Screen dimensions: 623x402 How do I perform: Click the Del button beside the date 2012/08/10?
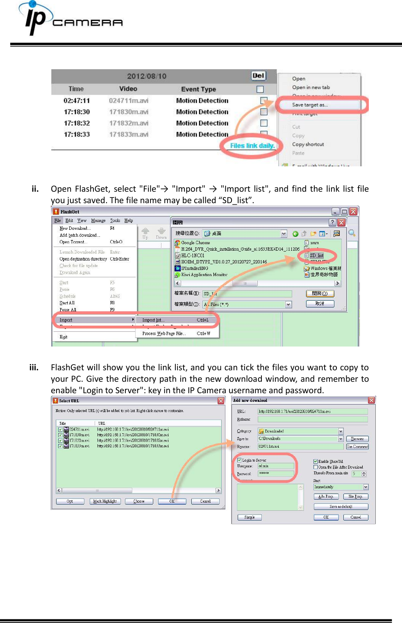[259, 76]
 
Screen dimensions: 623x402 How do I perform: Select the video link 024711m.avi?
[128, 101]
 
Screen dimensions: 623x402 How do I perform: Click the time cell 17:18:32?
[77, 123]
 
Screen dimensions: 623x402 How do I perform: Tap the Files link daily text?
[252, 146]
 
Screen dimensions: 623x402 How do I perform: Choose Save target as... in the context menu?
[310, 105]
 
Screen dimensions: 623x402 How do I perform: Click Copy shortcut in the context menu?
[308, 145]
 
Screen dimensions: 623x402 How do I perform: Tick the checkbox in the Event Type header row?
[260, 89]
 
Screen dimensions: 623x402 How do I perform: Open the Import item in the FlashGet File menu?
[66, 320]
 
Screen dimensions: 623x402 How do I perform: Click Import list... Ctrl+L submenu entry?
[153, 320]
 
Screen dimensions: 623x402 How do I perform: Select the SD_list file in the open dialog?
[316, 256]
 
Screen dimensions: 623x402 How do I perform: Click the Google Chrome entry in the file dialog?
[195, 243]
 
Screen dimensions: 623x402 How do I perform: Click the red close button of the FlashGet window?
[353, 212]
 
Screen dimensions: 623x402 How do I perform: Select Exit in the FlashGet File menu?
[64, 337]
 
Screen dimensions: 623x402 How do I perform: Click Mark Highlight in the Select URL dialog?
[105, 501]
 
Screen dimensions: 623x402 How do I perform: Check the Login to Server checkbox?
[239, 460]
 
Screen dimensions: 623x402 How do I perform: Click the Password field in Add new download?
[276, 473]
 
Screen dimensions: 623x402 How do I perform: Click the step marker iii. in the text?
[34, 367]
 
